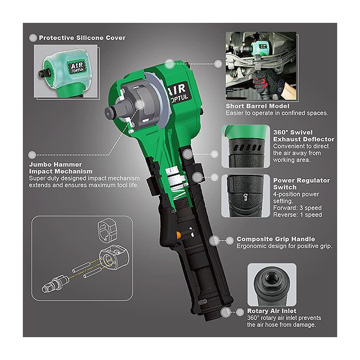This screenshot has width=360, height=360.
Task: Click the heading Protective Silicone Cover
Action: [x=82, y=38]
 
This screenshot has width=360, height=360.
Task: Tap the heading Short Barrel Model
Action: [x=257, y=106]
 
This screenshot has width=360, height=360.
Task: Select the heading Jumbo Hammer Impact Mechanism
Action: [x=61, y=168]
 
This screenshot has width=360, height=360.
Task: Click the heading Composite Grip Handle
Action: [x=276, y=239]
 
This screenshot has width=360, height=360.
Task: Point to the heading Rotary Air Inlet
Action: [x=271, y=311]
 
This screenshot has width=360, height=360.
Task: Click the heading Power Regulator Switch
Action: [x=302, y=183]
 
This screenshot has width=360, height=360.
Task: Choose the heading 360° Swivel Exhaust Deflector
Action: [x=304, y=135]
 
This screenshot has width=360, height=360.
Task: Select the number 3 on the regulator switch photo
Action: [x=246, y=198]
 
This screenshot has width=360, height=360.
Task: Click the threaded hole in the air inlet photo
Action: [x=271, y=279]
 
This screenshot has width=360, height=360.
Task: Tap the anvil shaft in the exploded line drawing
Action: [x=55, y=283]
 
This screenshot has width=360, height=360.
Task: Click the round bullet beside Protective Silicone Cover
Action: [x=33, y=38]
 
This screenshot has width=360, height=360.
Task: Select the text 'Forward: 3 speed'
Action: [x=297, y=208]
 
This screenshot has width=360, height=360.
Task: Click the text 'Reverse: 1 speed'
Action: [x=298, y=215]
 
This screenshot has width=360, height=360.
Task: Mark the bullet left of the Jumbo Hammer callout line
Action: [x=32, y=155]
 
